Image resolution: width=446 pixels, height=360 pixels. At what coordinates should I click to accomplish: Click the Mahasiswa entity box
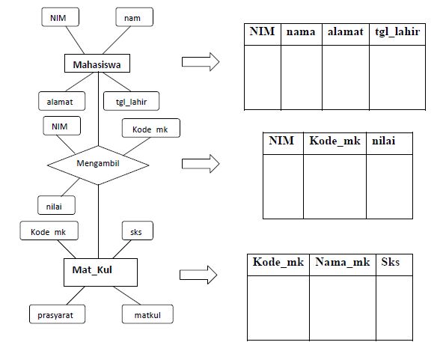point(98,65)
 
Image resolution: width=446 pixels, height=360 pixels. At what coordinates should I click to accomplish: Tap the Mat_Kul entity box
point(99,272)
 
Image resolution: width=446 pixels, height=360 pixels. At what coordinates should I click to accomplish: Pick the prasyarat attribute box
point(58,314)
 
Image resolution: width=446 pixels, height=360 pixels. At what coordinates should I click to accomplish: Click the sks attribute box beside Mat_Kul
point(137,231)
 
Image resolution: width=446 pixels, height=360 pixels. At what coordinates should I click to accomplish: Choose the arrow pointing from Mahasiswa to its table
point(200,62)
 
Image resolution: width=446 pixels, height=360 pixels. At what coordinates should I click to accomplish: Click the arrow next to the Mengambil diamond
point(200,163)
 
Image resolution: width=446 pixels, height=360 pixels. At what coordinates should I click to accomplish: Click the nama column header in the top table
point(301,32)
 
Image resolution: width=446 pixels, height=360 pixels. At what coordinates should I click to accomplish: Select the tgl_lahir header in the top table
point(397,32)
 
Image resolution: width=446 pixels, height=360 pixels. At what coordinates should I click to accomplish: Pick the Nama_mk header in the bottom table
point(342,263)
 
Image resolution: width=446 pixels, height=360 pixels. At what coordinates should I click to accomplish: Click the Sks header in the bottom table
point(391,263)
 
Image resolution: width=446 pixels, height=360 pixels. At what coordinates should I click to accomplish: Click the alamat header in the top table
point(345,32)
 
